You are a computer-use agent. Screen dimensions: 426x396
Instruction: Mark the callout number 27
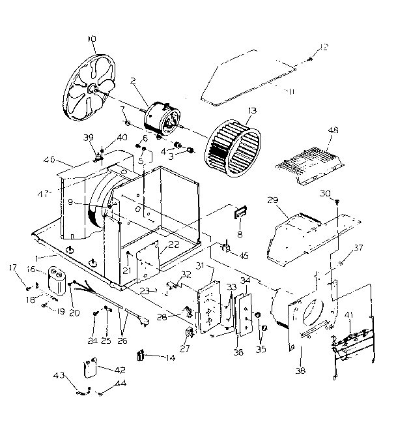click(x=184, y=348)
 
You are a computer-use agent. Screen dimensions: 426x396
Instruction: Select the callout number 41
click(x=349, y=315)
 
